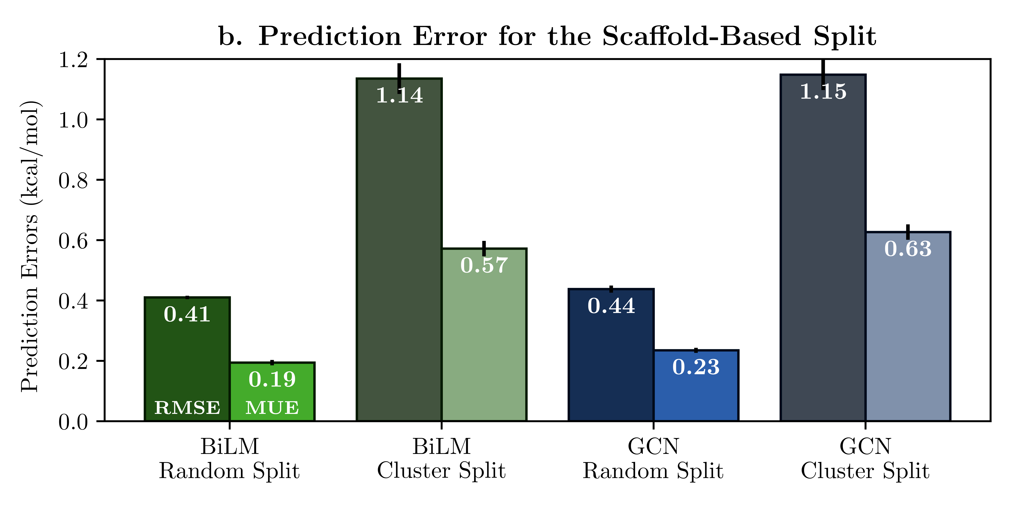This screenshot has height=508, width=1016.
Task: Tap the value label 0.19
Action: (x=272, y=379)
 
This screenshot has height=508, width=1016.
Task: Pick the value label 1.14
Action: (x=400, y=95)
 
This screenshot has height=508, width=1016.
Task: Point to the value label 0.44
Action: (x=611, y=306)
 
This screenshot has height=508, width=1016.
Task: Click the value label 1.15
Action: (x=823, y=91)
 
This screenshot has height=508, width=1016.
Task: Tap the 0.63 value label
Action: (x=908, y=249)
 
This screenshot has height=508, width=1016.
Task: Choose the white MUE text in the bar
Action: (x=272, y=408)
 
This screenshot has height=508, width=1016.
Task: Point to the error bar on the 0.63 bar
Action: (x=908, y=232)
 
